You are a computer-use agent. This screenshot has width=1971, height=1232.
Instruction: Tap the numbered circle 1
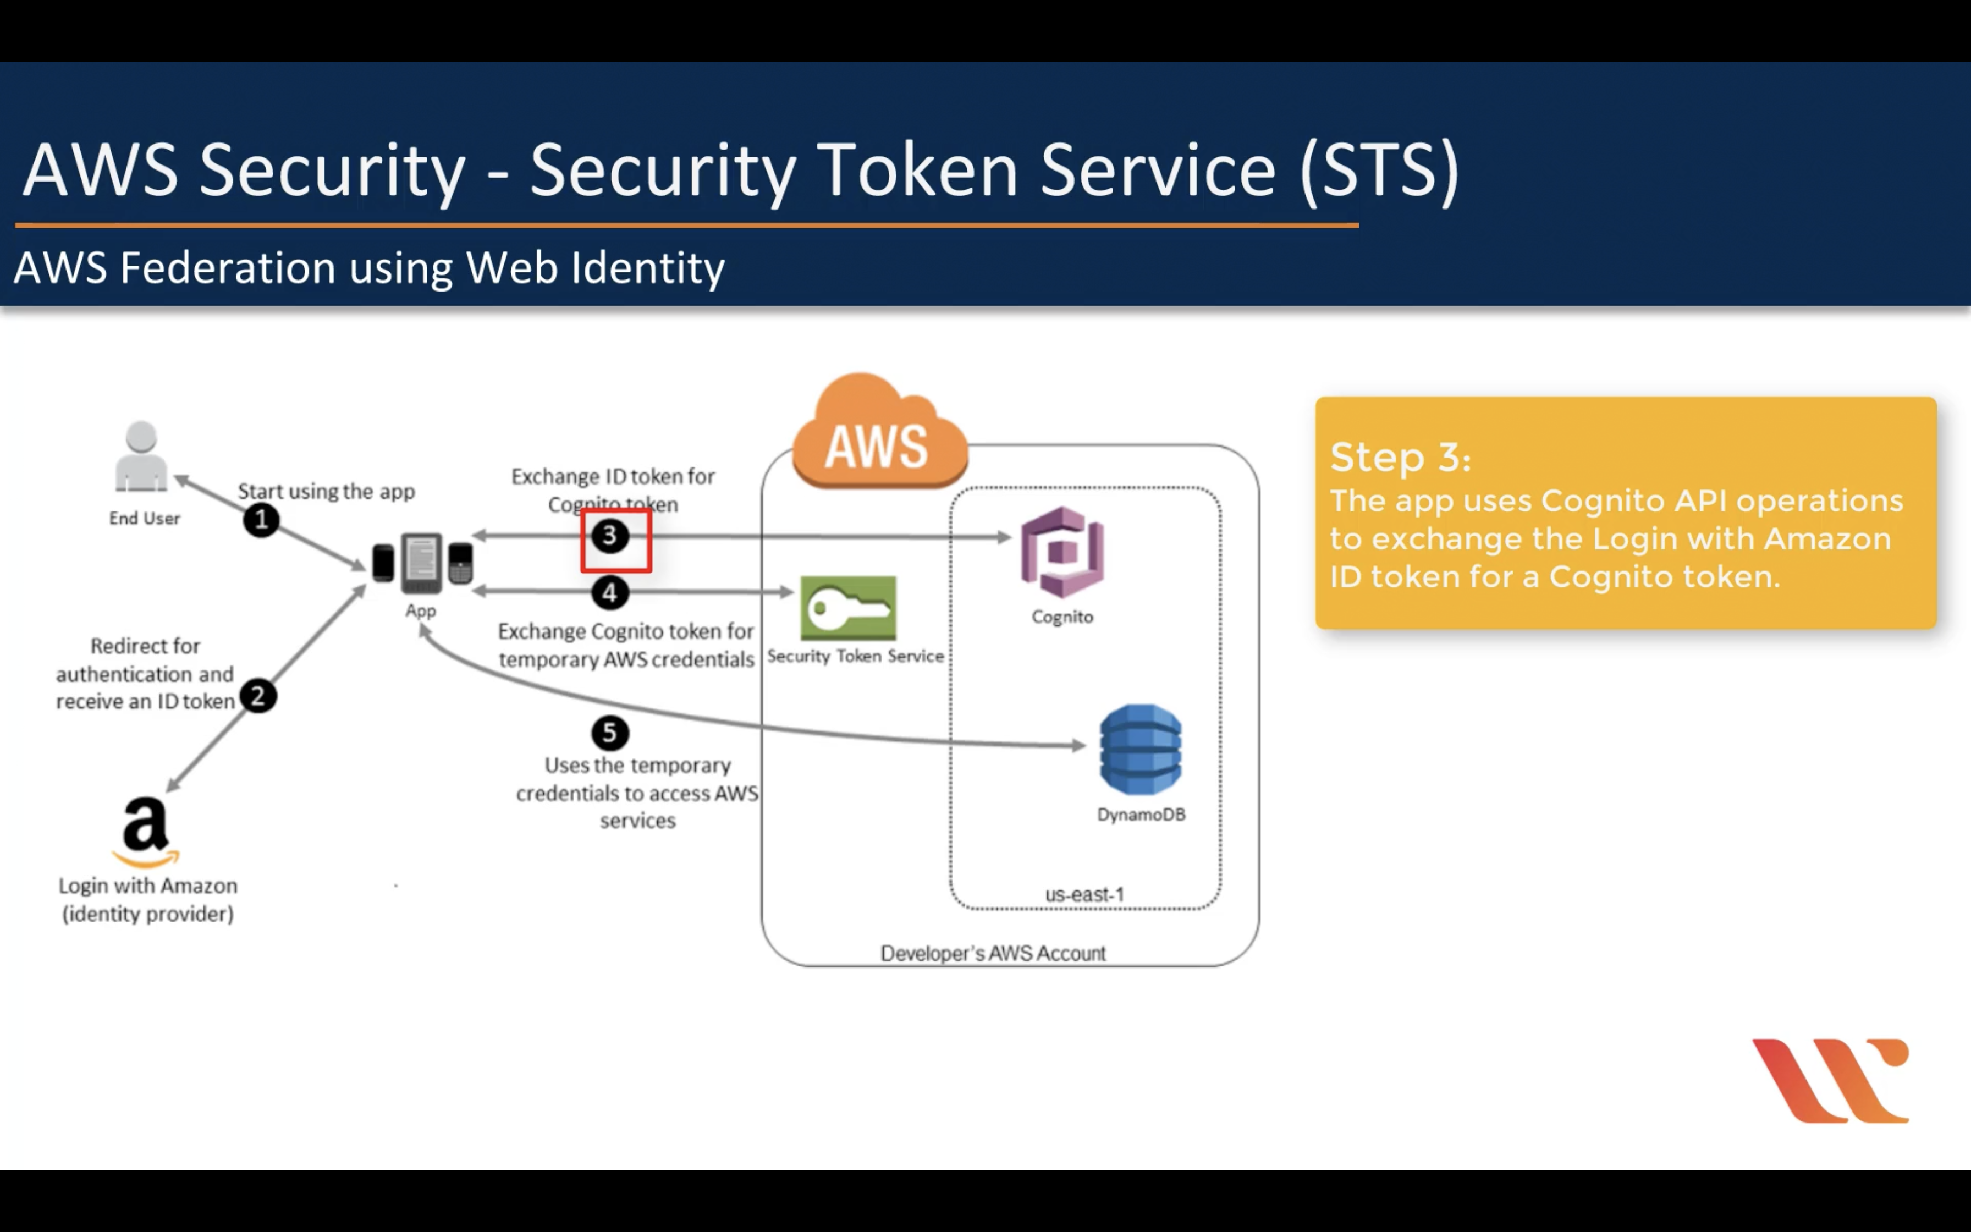[261, 520]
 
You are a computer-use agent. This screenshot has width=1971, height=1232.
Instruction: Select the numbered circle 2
[258, 696]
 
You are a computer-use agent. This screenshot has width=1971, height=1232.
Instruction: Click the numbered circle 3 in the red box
[610, 536]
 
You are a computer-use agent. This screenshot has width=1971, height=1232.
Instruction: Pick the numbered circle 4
[610, 592]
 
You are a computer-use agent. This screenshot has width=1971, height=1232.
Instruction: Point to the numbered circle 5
[610, 733]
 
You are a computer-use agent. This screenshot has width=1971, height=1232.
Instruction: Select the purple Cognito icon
[1062, 552]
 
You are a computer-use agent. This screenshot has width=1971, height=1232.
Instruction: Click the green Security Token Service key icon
[848, 608]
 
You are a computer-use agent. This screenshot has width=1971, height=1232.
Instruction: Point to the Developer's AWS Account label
[993, 953]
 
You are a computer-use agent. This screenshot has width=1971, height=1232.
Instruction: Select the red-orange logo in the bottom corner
[1831, 1080]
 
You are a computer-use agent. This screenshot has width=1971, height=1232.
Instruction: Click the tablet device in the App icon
[421, 562]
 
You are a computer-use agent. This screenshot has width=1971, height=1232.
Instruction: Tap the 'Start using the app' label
[326, 491]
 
